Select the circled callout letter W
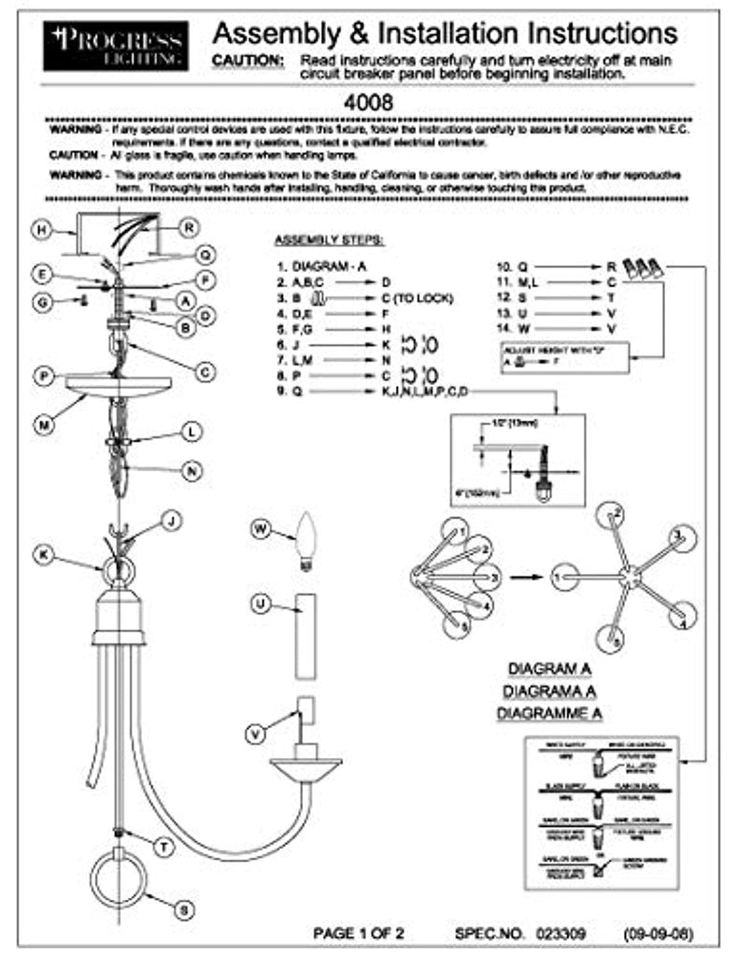[x=263, y=530]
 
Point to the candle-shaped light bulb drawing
[x=304, y=542]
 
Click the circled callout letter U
[x=263, y=605]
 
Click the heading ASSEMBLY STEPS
[x=324, y=239]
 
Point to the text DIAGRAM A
[x=549, y=669]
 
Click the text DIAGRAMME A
[x=549, y=713]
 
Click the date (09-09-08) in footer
[x=659, y=933]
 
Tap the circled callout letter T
[x=163, y=847]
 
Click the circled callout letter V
[x=254, y=734]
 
